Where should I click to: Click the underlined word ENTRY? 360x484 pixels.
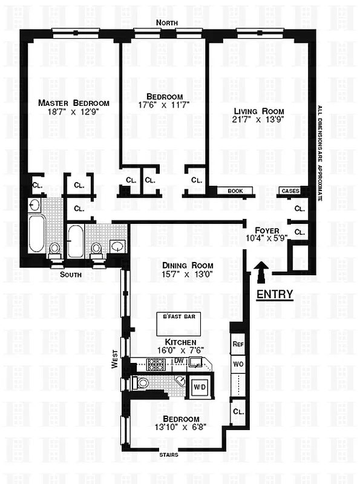(x=275, y=295)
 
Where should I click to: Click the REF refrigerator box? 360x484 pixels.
(x=238, y=343)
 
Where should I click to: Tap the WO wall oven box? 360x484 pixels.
(x=238, y=365)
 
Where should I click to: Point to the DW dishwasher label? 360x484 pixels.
(x=179, y=361)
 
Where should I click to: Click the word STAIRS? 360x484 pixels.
(x=169, y=453)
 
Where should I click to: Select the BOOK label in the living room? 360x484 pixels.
(x=235, y=191)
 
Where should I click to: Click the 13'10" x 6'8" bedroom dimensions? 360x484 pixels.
(x=181, y=428)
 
